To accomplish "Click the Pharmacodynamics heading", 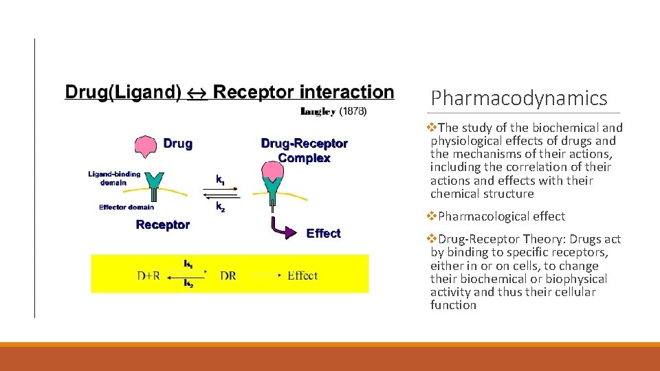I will tap(519, 99).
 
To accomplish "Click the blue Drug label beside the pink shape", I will tap(177, 144).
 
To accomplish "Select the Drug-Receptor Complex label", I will tap(304, 150).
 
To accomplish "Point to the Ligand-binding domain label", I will tap(113, 178).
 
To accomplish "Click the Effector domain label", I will tap(126, 207).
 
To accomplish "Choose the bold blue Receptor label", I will tap(162, 225).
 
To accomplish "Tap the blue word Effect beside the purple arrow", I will tap(323, 234).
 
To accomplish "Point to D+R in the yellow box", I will tap(148, 276).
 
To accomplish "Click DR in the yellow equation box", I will tap(228, 276).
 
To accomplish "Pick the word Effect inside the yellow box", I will tap(302, 276).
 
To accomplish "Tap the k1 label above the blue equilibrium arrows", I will tap(220, 179).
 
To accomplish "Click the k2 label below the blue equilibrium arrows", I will tap(220, 206).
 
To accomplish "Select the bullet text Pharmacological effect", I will tap(501, 216).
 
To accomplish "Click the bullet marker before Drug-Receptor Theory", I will tap(432, 239).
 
